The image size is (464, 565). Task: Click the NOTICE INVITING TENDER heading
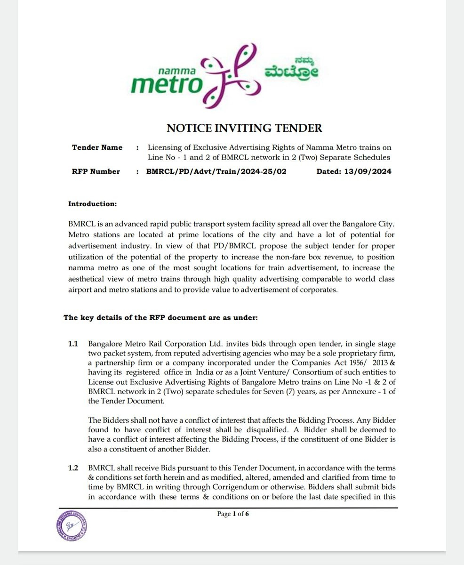(x=244, y=128)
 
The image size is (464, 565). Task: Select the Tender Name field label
(x=97, y=148)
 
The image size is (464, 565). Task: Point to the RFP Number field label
(x=96, y=171)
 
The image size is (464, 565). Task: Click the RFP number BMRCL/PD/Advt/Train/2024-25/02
(x=216, y=171)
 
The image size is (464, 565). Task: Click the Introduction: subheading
(x=92, y=204)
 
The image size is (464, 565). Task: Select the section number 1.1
(x=73, y=344)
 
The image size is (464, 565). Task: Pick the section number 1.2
(x=73, y=468)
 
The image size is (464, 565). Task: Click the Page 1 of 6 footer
(x=233, y=514)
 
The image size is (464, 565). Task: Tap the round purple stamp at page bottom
(x=72, y=525)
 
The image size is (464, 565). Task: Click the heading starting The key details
(x=160, y=317)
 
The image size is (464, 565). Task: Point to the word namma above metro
(x=177, y=70)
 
